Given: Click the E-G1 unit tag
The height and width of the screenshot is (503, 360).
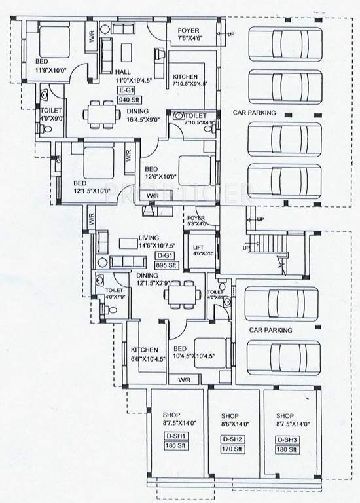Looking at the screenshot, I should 125,90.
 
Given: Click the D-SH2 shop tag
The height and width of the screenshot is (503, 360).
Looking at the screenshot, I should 230,439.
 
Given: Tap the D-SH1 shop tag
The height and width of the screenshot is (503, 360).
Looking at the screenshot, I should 176,439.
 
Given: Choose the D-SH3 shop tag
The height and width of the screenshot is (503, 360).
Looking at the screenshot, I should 286,439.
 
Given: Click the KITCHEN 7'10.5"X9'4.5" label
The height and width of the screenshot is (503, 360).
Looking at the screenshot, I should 189,80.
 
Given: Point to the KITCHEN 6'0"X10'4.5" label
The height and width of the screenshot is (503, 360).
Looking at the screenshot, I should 143,354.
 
